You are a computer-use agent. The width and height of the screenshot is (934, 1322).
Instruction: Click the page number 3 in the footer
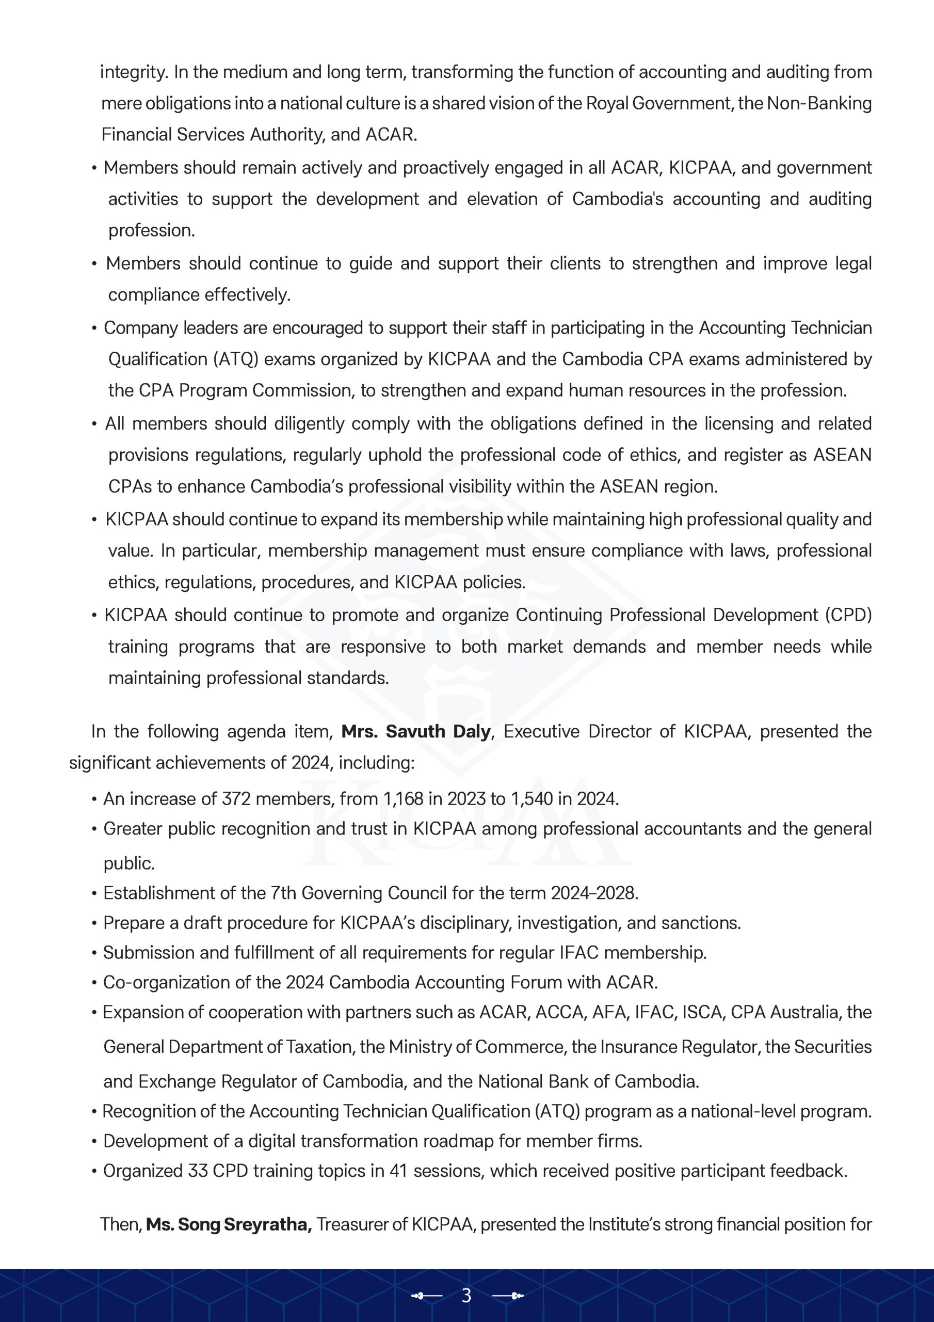tap(466, 1296)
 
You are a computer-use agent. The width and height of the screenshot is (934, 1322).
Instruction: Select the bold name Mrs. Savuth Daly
tap(416, 731)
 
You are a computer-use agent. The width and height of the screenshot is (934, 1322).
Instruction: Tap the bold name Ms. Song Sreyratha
tap(229, 1224)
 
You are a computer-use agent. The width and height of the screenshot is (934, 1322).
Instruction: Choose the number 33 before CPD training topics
tap(198, 1171)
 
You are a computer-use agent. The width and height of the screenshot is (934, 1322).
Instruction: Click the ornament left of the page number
tap(426, 1296)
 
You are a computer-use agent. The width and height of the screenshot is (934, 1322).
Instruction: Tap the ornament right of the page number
tap(508, 1296)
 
